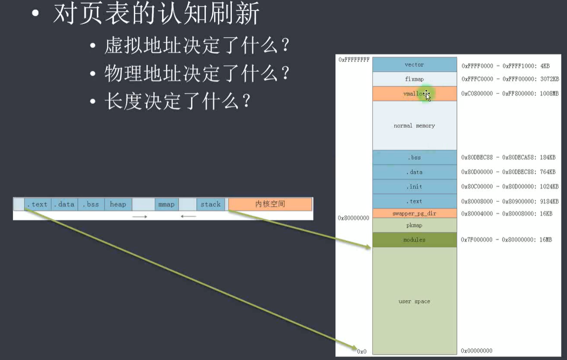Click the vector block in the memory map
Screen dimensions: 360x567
(414, 65)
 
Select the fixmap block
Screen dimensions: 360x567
(414, 79)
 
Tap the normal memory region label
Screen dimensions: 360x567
(414, 126)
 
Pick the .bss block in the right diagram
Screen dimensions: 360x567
(414, 158)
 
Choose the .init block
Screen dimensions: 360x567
(414, 187)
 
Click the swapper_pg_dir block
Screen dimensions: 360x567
(414, 214)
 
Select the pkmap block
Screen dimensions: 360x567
(414, 225)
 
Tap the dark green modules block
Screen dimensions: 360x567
(414, 240)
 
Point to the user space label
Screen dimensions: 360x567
(414, 301)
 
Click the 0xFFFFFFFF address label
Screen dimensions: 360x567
(354, 59)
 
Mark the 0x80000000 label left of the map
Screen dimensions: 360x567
(353, 218)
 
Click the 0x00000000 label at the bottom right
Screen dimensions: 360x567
(477, 351)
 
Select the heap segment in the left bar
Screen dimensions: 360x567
(118, 204)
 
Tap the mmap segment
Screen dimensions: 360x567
(166, 204)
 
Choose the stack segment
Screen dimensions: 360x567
(210, 204)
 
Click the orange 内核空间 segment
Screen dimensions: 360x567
(270, 204)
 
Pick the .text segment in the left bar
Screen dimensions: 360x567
(37, 204)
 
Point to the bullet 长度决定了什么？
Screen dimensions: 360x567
(177, 101)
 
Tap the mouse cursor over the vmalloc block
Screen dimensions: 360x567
(427, 96)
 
